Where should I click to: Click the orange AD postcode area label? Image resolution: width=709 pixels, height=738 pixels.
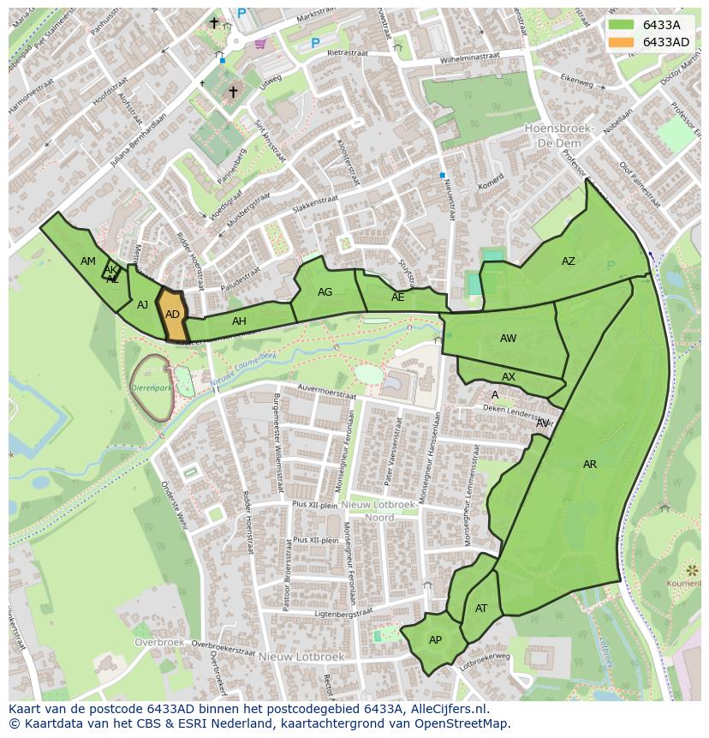click(x=172, y=315)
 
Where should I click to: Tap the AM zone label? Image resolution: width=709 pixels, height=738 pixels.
click(x=88, y=261)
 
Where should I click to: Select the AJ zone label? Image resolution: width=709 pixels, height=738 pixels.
click(x=142, y=305)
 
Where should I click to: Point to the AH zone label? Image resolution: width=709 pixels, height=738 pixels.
click(x=239, y=321)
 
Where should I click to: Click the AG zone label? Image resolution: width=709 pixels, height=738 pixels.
click(x=325, y=292)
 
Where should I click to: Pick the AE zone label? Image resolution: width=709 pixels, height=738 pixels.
click(x=397, y=297)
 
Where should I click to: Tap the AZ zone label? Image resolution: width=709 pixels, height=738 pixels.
click(x=569, y=261)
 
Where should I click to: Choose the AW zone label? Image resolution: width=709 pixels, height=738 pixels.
click(x=508, y=339)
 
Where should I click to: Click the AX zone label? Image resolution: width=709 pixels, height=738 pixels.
click(x=509, y=377)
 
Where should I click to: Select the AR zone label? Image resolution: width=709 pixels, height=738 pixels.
click(x=590, y=465)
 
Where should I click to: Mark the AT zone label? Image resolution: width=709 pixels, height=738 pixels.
click(x=481, y=609)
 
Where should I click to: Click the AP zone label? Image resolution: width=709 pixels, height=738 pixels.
click(x=435, y=640)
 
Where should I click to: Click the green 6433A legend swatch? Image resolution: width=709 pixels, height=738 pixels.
click(x=623, y=25)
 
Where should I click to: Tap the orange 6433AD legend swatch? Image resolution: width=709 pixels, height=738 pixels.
click(x=623, y=42)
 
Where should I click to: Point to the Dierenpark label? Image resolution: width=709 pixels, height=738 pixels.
click(x=151, y=387)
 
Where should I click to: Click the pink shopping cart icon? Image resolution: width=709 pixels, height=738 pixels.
click(x=260, y=45)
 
